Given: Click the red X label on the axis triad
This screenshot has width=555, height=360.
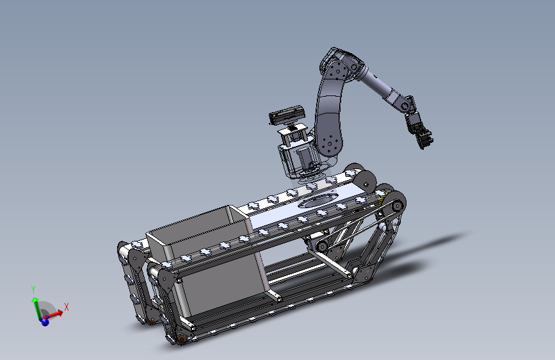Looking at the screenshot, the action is [66, 307].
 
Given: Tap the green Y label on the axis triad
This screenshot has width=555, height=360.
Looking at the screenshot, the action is [33, 290].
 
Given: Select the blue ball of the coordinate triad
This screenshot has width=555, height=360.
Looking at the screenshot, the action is [45, 322].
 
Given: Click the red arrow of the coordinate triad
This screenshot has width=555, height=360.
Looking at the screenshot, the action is [54, 314].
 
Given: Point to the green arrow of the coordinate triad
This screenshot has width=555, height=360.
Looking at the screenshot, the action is [36, 308].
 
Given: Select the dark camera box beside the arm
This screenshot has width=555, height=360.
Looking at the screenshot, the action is [287, 114].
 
